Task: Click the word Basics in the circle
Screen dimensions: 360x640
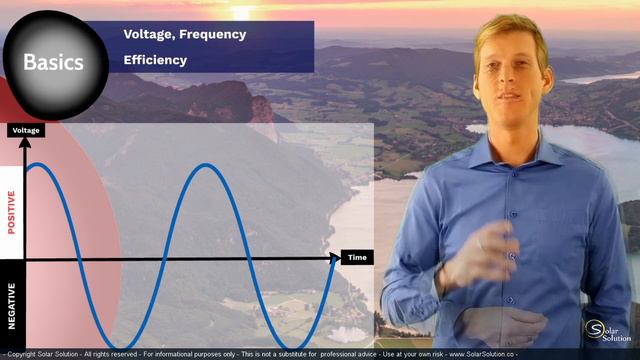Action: [53, 62]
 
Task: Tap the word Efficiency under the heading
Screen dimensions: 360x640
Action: [155, 60]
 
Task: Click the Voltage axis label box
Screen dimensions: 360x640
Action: [26, 130]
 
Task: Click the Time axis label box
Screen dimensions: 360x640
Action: [357, 258]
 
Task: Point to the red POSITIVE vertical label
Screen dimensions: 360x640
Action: [12, 212]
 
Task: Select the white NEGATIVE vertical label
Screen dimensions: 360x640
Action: [12, 305]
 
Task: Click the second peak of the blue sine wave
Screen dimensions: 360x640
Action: [204, 165]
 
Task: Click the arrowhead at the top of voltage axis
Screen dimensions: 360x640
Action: [26, 142]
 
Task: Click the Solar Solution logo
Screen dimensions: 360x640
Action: [607, 331]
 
